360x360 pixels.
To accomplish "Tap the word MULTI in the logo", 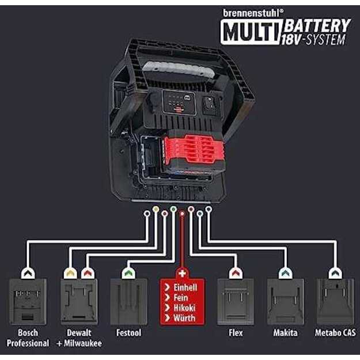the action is point(251,31).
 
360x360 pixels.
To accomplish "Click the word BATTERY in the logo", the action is point(317,25).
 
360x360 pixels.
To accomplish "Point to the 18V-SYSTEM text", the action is point(313,40).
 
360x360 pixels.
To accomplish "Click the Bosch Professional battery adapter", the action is point(28,302).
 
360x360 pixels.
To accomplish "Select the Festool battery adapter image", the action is point(128,302).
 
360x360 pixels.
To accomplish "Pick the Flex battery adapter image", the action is point(236,302).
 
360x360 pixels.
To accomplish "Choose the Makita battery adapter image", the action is point(286,302).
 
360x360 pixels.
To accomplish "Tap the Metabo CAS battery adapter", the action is point(335,302).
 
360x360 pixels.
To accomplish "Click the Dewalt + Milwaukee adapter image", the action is point(79,302).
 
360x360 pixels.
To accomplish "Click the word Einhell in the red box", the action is point(185,287).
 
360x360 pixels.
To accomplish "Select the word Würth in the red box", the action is point(184,318).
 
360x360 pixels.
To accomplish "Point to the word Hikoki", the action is point(184,308).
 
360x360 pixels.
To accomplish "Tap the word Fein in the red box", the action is point(181,298).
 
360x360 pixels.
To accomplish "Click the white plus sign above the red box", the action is point(182,274).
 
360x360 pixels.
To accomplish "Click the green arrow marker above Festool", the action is point(128,273).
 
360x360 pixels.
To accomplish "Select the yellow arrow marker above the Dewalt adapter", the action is point(70,273).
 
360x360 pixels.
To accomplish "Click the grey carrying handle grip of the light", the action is point(179,69).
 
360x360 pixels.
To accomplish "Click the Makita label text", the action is point(285,333).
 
